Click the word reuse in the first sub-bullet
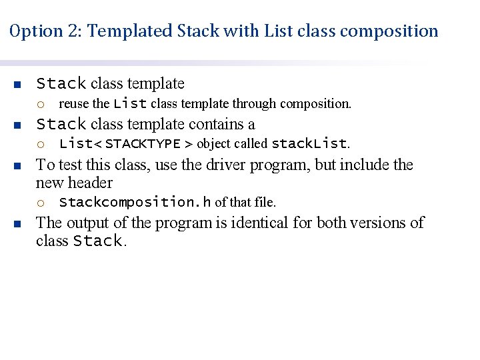74,104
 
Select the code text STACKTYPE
142,144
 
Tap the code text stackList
309,144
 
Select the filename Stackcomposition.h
135,202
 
